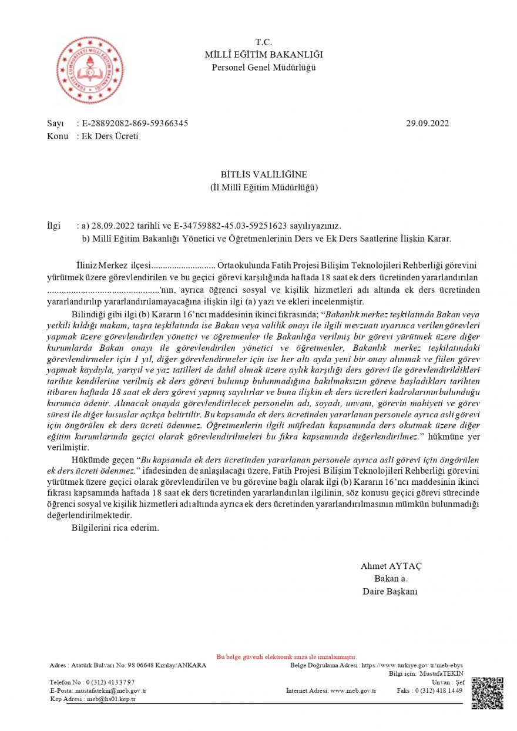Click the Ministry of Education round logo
point(90,70)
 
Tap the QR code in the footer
point(487,693)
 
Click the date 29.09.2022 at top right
point(427,123)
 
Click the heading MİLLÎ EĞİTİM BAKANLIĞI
point(264,55)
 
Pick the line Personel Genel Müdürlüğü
point(264,68)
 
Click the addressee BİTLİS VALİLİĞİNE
point(264,175)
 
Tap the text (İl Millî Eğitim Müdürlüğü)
point(264,187)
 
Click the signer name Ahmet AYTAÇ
point(391,566)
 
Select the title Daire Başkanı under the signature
point(390,591)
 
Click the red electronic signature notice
point(287,656)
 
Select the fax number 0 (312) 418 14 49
point(440,690)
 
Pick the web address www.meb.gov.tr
point(352,690)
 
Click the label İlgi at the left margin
point(53,226)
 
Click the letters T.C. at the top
point(264,42)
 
